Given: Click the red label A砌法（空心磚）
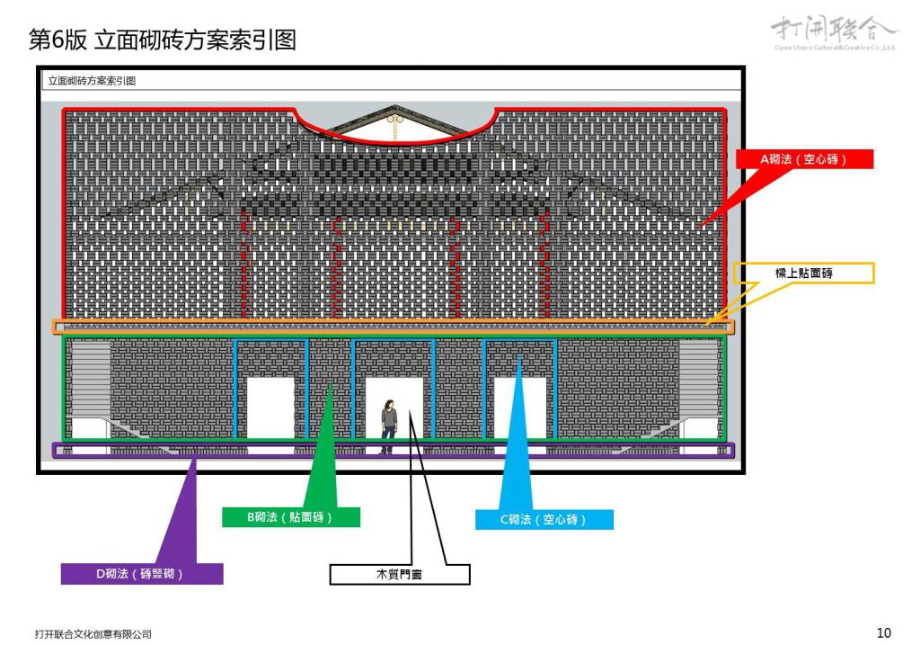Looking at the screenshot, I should click(x=804, y=159).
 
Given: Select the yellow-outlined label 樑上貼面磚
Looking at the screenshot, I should click(x=803, y=273).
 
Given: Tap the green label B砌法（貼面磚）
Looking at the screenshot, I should click(x=290, y=517).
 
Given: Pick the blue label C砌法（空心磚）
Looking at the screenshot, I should click(x=544, y=520).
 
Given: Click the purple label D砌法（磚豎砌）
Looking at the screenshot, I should click(x=141, y=574).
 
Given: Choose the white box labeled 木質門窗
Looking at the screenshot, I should click(x=399, y=574).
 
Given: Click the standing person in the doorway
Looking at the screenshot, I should click(x=388, y=426).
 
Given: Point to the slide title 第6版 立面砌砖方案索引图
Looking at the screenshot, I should click(x=163, y=40).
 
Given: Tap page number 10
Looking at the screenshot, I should click(x=883, y=633).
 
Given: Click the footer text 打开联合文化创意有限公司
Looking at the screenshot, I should click(x=93, y=634).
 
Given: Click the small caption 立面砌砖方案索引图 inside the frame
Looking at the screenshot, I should click(x=92, y=81).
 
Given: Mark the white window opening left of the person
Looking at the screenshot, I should click(x=270, y=408).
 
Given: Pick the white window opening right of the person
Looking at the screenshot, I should click(x=519, y=408).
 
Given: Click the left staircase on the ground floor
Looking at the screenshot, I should click(x=90, y=378).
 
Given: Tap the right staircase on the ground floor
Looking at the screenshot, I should click(x=698, y=378).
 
